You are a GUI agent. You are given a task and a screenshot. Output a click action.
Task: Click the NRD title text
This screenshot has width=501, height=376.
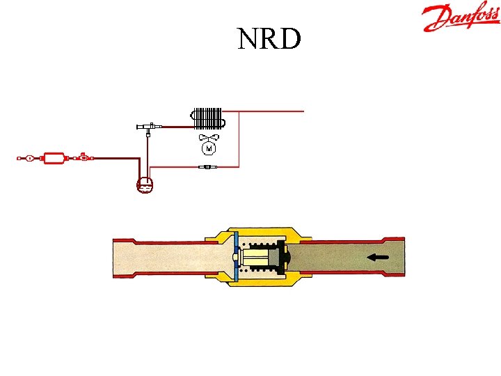pyautogui.click(x=269, y=39)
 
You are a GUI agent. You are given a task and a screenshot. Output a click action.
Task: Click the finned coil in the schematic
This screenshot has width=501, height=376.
pyautogui.click(x=209, y=118)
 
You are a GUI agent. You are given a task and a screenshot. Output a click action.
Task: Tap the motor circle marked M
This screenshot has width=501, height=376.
pyautogui.click(x=209, y=148)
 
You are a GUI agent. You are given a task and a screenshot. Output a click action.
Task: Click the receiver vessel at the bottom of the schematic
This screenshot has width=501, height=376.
pyautogui.click(x=145, y=184)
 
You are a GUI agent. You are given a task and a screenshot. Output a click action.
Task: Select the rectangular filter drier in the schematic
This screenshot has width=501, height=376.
pyautogui.click(x=54, y=159)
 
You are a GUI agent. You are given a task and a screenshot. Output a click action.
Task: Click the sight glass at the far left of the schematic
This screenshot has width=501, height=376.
pyautogui.click(x=29, y=159)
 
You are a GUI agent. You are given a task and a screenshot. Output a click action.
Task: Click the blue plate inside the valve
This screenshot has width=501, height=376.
pyautogui.click(x=236, y=257)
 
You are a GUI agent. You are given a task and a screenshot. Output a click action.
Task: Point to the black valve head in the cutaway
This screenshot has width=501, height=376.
pyautogui.click(x=283, y=258)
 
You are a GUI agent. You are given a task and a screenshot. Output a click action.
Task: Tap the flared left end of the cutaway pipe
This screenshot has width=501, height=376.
pyautogui.click(x=122, y=257)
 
